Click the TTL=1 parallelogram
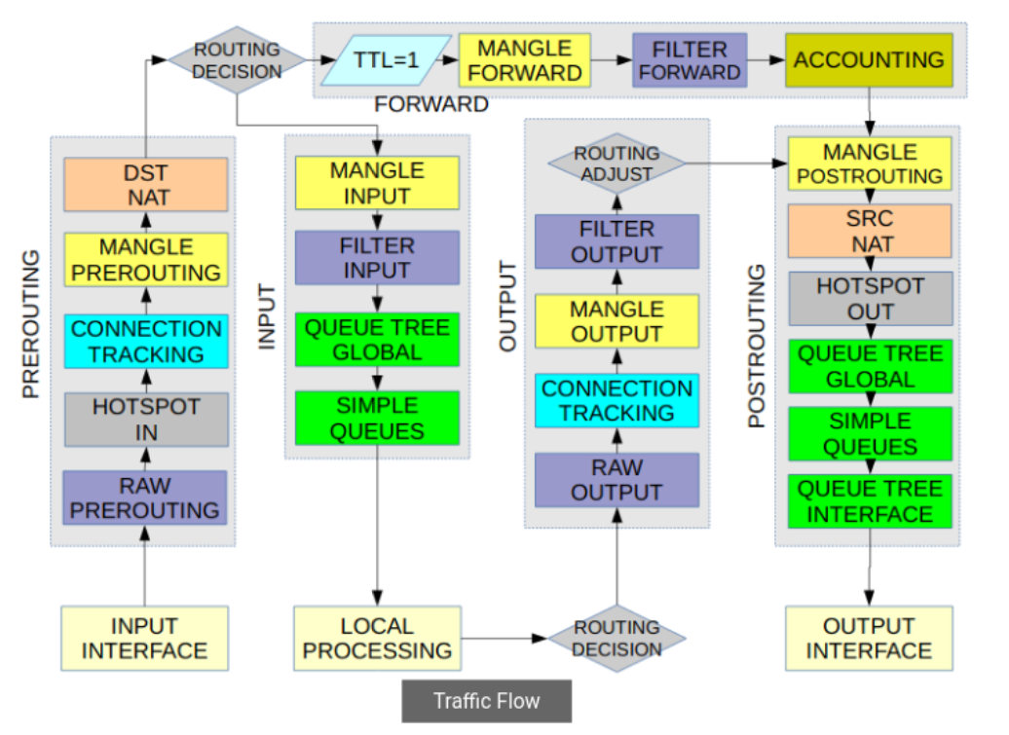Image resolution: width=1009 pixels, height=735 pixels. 387,59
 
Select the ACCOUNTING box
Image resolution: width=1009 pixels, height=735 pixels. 869,59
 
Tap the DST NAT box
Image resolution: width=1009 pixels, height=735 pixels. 146,184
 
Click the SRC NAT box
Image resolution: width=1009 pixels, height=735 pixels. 870,230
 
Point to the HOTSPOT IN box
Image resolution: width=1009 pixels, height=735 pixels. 146,420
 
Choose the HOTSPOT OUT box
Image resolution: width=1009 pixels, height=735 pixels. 870,299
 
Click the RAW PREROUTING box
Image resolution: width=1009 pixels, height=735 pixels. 146,497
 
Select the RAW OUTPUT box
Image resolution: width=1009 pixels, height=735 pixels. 617,480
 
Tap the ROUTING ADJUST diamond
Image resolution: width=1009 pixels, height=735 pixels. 617,163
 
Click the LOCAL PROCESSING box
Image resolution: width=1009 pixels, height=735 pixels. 377,639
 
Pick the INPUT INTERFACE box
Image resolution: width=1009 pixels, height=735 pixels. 145,639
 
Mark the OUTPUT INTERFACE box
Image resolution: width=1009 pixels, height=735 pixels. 869,639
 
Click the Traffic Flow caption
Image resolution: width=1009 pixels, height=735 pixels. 487,701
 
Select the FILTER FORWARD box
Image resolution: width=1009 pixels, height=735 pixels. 690,59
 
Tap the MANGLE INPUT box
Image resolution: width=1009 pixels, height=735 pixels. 377,183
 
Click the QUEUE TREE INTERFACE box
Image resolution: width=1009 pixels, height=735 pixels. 870,501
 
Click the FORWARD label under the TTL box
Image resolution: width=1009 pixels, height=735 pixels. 431,104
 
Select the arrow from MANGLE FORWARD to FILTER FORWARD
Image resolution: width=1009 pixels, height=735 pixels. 612,60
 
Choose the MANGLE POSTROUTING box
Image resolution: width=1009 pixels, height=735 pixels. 870,164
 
